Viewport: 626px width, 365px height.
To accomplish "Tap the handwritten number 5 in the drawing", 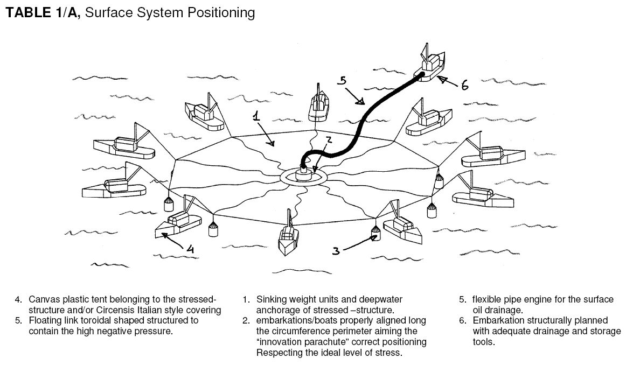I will pos(342,82).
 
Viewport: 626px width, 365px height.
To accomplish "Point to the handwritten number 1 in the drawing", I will pos(258,115).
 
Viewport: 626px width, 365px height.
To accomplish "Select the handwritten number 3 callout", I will pos(336,250).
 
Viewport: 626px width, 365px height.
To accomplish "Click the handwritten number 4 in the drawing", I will pos(190,249).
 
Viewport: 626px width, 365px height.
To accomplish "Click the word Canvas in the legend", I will pos(44,299).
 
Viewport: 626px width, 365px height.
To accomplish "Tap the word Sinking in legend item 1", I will pos(272,299).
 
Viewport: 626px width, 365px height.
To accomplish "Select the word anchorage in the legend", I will pos(278,310).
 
